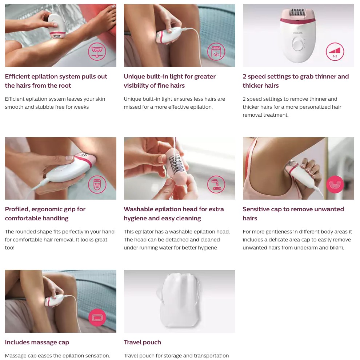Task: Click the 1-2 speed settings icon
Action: point(335,52)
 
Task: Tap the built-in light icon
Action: point(216,52)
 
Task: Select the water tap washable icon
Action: point(216,184)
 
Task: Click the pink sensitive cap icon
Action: point(335,184)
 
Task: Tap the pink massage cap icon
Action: point(97,317)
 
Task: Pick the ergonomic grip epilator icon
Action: point(97,184)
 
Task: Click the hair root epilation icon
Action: point(97,52)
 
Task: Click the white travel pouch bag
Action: point(179,300)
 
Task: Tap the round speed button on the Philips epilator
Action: point(298,44)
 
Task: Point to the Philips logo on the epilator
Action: point(298,33)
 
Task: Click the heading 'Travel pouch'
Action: point(142,342)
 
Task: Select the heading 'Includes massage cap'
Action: point(37,342)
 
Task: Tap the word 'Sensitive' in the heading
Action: point(256,209)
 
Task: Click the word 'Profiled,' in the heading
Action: point(17,209)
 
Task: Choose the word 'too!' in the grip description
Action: point(10,248)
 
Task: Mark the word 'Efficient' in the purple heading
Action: point(17,76)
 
